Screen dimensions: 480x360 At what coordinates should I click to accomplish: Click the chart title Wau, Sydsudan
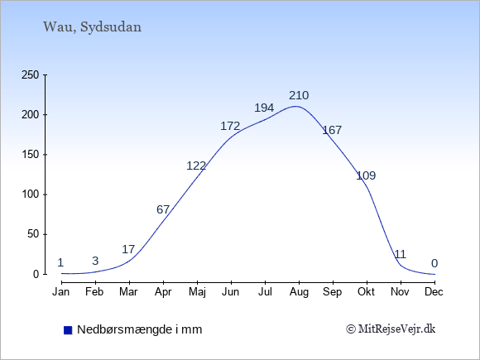point(92,27)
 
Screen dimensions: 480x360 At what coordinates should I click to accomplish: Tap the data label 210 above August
point(299,95)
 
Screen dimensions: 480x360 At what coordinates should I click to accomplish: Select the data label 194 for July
point(264,108)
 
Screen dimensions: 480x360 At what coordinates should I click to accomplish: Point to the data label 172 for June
point(230,126)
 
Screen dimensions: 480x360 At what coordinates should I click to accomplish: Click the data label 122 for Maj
point(196,166)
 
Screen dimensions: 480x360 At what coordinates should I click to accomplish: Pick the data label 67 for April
point(163,209)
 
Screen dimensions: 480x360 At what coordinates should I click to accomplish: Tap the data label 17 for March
point(128,249)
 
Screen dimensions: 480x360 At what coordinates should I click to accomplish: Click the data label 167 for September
point(332,130)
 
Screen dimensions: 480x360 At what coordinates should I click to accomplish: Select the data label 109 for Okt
point(366,175)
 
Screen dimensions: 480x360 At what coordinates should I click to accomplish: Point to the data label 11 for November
point(400,254)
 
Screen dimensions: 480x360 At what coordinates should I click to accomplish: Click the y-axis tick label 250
point(30,74)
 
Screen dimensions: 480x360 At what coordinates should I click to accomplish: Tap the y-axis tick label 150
point(30,155)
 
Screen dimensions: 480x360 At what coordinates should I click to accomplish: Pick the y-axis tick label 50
point(33,234)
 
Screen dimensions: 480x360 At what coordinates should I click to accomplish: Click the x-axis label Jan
point(61,292)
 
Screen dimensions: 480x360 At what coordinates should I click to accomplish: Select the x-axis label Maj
point(197,292)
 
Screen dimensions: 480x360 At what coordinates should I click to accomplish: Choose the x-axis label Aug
point(299,292)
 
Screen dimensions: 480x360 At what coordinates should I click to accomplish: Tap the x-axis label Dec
point(434,292)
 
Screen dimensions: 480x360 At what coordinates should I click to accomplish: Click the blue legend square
point(68,330)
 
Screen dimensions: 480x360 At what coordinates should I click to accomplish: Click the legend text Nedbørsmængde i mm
point(140,329)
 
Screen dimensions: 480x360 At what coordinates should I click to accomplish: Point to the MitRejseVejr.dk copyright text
point(391,329)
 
